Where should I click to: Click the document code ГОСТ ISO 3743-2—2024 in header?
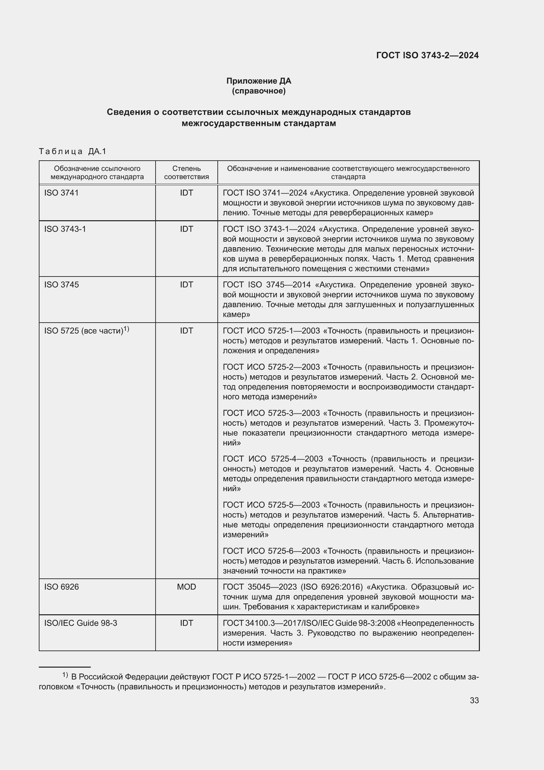[x=427, y=55]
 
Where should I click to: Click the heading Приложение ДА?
[x=259, y=81]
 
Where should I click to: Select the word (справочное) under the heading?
[x=259, y=91]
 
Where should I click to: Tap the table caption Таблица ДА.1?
[x=72, y=151]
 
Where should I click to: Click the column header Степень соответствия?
[x=186, y=173]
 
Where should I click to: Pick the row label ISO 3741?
[x=61, y=193]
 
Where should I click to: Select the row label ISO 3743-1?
[x=65, y=229]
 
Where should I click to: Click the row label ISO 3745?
[x=62, y=285]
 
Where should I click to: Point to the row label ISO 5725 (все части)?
[x=84, y=331]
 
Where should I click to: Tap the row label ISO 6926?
[x=62, y=587]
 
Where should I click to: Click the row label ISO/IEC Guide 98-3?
[x=81, y=623]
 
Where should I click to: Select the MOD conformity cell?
[x=186, y=587]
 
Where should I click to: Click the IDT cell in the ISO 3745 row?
[x=186, y=285]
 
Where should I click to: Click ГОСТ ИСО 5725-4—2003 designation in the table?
[x=273, y=459]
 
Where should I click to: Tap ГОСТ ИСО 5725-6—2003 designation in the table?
[x=271, y=551]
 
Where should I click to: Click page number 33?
[x=474, y=701]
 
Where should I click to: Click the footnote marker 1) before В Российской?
[x=65, y=675]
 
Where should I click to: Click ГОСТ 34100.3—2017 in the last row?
[x=260, y=623]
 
